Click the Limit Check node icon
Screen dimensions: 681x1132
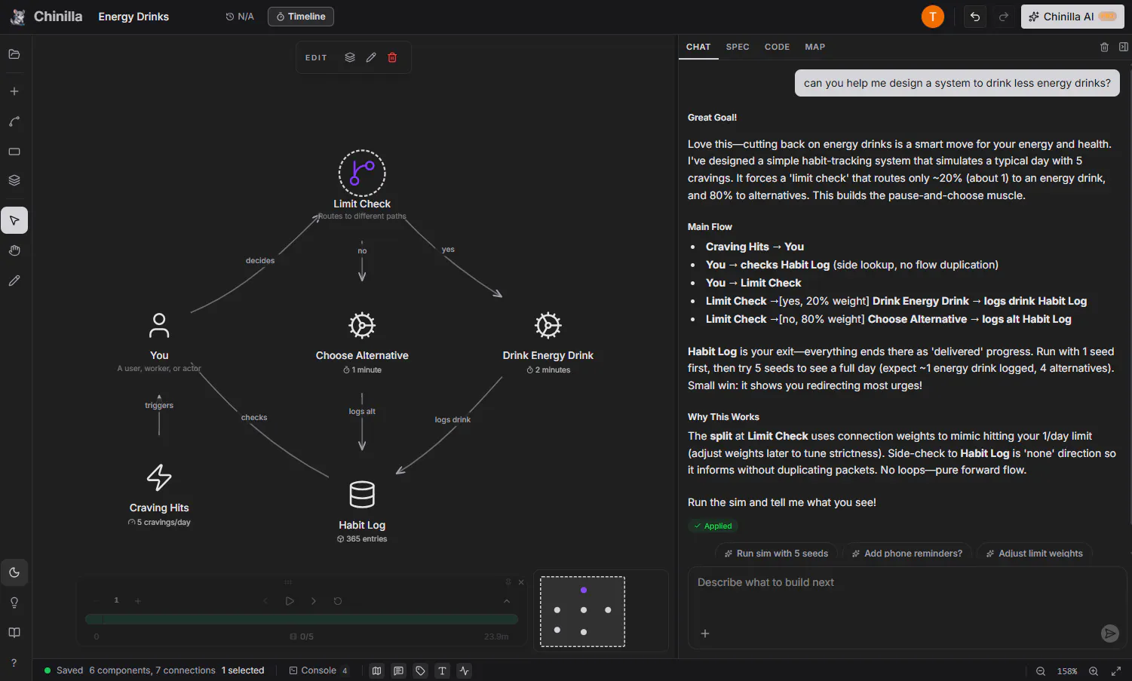[362, 173]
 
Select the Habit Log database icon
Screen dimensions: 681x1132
[362, 495]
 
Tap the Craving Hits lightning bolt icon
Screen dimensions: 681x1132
[159, 477]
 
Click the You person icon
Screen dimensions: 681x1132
[159, 325]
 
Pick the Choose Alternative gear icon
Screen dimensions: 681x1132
[362, 325]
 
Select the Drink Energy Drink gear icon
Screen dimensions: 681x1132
[548, 325]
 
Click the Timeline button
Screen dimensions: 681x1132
[301, 17]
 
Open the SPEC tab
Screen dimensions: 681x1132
[738, 47]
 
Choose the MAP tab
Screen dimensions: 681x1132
[814, 47]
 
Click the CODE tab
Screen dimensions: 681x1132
[777, 47]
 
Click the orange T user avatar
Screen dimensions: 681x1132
[933, 17]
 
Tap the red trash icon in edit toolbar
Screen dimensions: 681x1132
[392, 57]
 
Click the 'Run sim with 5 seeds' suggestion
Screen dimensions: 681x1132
[775, 554]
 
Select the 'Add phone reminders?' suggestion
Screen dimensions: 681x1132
[907, 554]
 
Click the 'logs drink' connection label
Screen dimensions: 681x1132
[452, 419]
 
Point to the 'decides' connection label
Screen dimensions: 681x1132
[260, 260]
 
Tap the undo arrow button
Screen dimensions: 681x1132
[975, 17]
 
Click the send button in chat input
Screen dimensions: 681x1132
[1109, 633]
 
